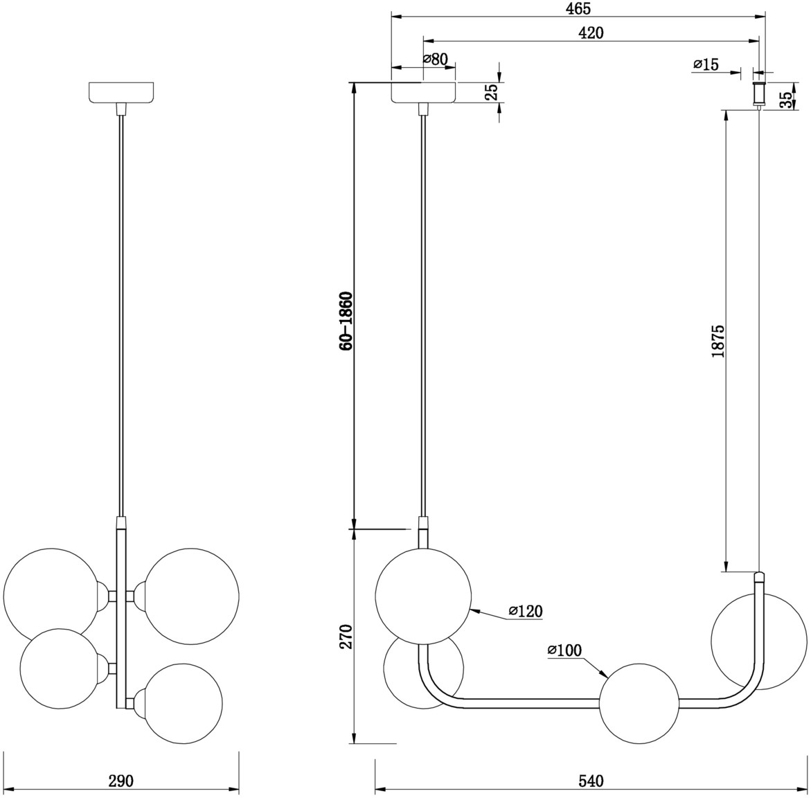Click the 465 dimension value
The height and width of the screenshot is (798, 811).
(x=578, y=8)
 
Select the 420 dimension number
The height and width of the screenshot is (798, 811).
(x=591, y=33)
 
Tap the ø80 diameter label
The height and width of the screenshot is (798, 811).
(x=436, y=59)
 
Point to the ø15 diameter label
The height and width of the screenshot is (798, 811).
(x=706, y=64)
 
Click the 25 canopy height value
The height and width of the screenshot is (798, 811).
(x=491, y=91)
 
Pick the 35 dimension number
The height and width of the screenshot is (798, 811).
(x=785, y=100)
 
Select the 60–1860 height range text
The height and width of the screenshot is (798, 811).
(x=346, y=321)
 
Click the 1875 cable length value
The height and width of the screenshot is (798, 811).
(x=718, y=342)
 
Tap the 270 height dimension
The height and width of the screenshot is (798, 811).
(x=346, y=636)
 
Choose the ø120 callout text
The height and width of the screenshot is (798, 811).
(x=526, y=611)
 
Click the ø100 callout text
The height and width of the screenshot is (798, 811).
(x=565, y=650)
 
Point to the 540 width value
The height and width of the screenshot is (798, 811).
(x=591, y=781)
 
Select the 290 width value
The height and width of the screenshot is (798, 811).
(x=121, y=781)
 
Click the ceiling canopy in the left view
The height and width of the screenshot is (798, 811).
(x=122, y=92)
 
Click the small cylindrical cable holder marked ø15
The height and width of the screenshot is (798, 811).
(x=759, y=94)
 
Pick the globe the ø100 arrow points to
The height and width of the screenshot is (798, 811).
(x=639, y=703)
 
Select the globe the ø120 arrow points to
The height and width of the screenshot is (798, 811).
(x=424, y=597)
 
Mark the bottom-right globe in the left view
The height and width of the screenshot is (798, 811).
(x=184, y=703)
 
